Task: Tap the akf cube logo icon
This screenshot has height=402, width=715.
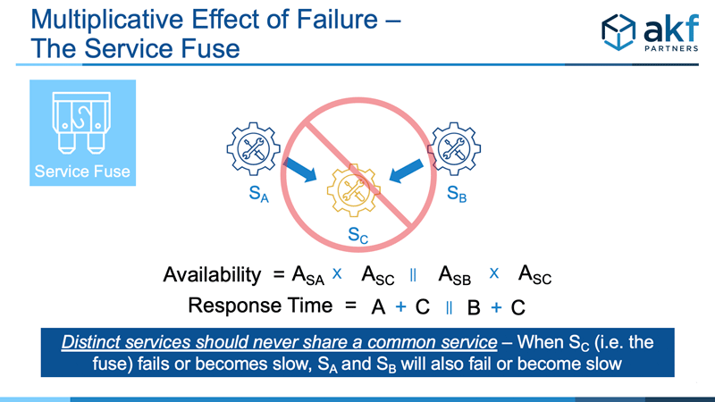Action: click(x=618, y=31)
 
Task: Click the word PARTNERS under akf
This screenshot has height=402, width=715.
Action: click(x=671, y=48)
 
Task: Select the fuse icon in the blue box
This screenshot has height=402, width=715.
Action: click(x=82, y=122)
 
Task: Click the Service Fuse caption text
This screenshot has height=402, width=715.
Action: click(x=82, y=172)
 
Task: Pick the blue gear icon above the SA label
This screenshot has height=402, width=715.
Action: click(x=254, y=149)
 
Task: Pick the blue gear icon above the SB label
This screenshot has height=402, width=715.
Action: click(x=454, y=149)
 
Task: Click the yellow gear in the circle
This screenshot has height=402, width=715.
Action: click(x=354, y=190)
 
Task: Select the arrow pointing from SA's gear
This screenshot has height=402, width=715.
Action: click(x=299, y=170)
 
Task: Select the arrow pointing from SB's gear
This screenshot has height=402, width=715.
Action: click(x=407, y=171)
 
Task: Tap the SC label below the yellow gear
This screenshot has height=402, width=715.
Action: click(x=358, y=235)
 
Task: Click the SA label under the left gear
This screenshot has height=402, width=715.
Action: click(x=258, y=194)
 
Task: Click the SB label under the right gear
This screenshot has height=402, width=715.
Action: click(x=457, y=194)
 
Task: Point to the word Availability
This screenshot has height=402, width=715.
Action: click(x=212, y=274)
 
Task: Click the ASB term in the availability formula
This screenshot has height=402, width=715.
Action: click(x=454, y=275)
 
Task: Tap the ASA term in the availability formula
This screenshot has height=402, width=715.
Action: click(x=307, y=275)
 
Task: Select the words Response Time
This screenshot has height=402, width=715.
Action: click(x=260, y=306)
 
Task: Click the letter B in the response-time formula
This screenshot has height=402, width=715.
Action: click(x=474, y=307)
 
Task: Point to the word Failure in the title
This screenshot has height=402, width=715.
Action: click(x=338, y=20)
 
